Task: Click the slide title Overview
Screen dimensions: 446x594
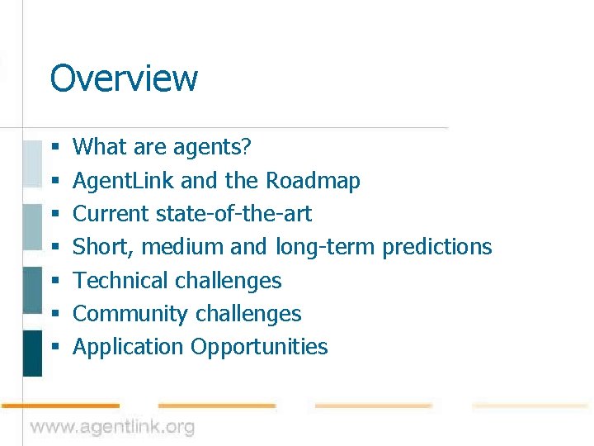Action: click(124, 78)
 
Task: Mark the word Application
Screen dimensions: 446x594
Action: click(128, 347)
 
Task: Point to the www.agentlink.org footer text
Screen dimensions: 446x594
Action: click(113, 427)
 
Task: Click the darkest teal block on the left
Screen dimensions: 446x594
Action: click(32, 353)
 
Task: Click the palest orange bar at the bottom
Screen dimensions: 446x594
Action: click(530, 406)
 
